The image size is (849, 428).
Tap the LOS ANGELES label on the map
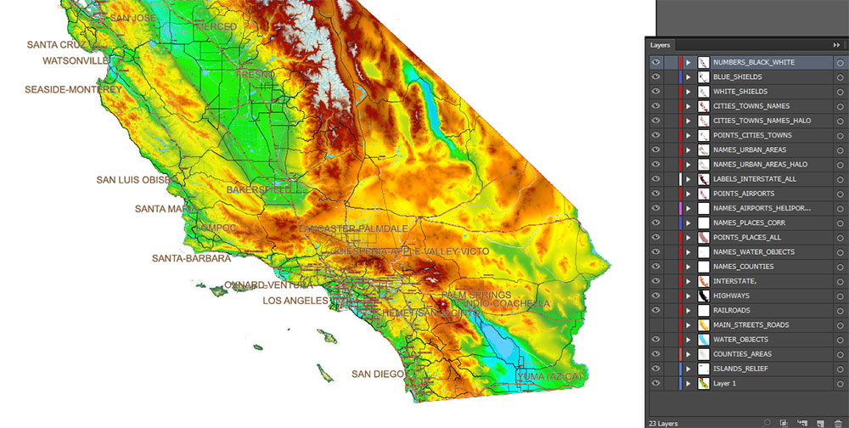click(295, 301)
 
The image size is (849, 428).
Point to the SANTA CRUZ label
click(56, 44)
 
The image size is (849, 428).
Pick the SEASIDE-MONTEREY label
click(73, 89)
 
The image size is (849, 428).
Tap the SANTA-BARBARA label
click(191, 258)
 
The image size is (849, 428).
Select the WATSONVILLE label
click(76, 61)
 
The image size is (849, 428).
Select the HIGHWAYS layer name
click(732, 296)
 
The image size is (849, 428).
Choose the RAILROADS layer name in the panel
click(734, 310)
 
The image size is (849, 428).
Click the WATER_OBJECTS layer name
click(740, 340)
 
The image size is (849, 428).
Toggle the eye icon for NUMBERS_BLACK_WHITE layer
click(655, 62)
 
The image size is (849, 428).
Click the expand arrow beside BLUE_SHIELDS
click(689, 77)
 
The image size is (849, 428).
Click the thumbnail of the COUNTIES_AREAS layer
click(703, 354)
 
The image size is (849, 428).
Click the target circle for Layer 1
click(839, 384)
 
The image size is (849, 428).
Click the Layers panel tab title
click(661, 44)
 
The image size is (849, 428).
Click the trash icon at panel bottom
click(837, 422)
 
